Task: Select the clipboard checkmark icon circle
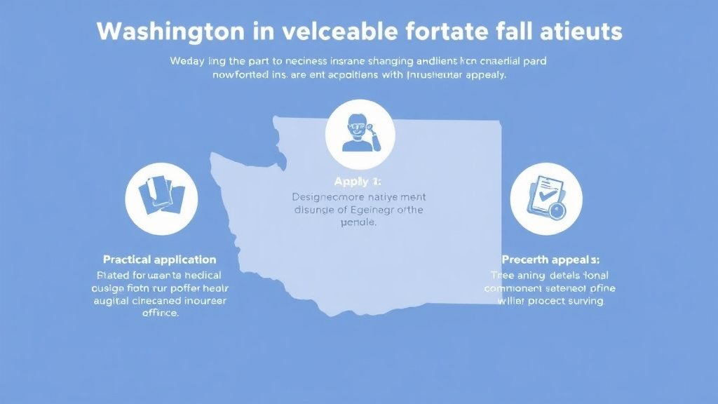[x=546, y=198]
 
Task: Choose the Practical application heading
[x=160, y=260]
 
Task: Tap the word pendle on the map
[x=358, y=222]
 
